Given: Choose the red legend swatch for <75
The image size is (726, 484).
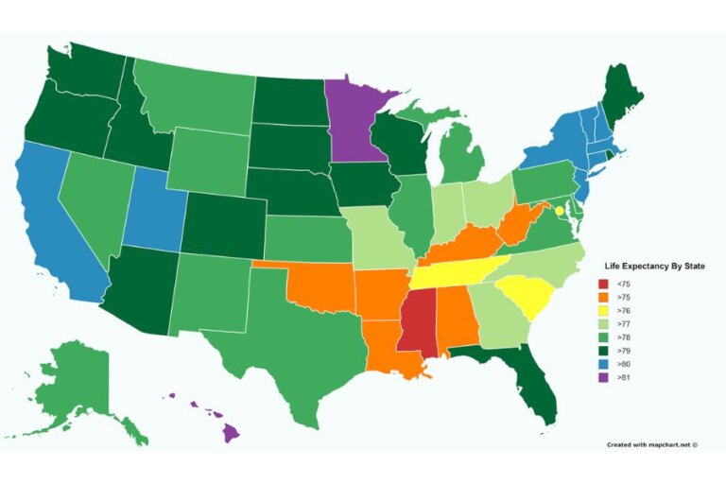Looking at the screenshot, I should tap(603, 284).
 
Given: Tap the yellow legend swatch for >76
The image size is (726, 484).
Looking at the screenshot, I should tap(603, 310).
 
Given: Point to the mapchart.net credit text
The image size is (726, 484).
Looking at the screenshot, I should tap(651, 443).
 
